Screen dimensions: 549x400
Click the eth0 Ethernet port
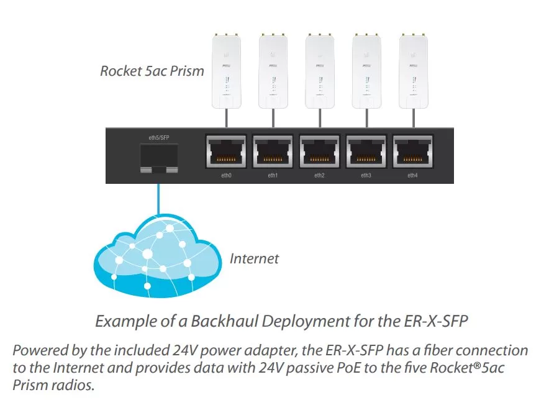(x=226, y=152)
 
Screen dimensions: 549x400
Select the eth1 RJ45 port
(x=273, y=152)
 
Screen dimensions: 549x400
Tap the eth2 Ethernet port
(x=319, y=152)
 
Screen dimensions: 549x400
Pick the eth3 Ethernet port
(x=366, y=152)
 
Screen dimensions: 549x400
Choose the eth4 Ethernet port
(x=413, y=152)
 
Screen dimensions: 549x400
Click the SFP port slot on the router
(x=159, y=158)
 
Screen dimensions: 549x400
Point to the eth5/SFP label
(x=159, y=138)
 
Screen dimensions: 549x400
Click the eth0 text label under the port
(x=226, y=175)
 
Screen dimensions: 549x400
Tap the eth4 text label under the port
(x=412, y=175)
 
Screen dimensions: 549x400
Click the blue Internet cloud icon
(x=158, y=257)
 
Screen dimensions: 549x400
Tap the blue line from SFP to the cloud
(x=158, y=199)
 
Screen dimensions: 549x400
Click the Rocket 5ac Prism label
(x=152, y=71)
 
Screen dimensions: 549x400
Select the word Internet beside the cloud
(x=254, y=259)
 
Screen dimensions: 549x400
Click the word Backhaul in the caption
(x=226, y=321)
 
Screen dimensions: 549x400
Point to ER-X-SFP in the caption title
(x=436, y=321)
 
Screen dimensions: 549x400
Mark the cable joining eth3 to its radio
(x=366, y=119)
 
